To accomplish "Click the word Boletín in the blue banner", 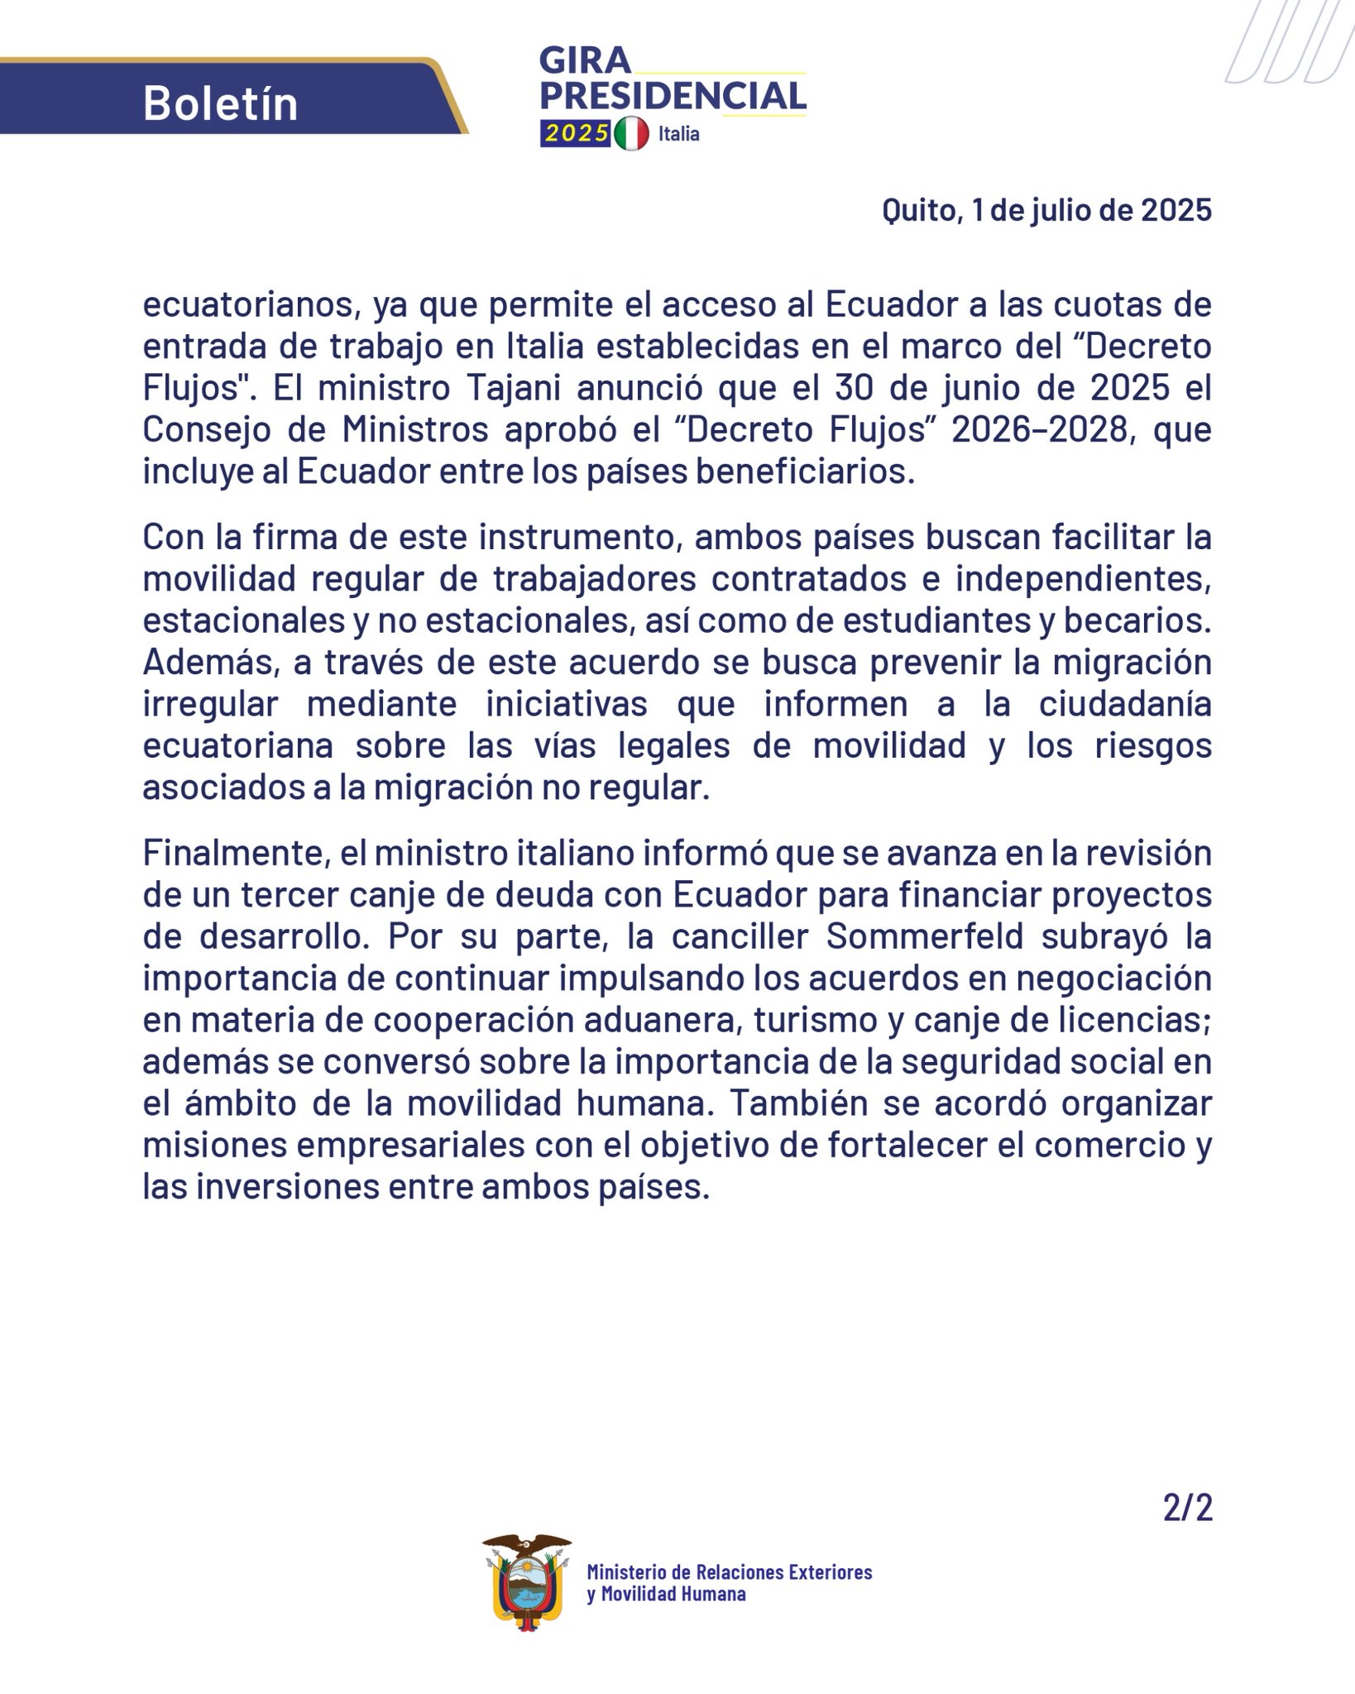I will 220,103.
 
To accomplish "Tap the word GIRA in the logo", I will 585,60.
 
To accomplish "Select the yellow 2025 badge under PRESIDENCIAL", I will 576,133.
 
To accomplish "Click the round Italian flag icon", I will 632,133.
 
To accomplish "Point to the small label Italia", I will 678,134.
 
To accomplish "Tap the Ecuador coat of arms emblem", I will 527,1582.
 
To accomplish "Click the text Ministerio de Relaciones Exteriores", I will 729,1572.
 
